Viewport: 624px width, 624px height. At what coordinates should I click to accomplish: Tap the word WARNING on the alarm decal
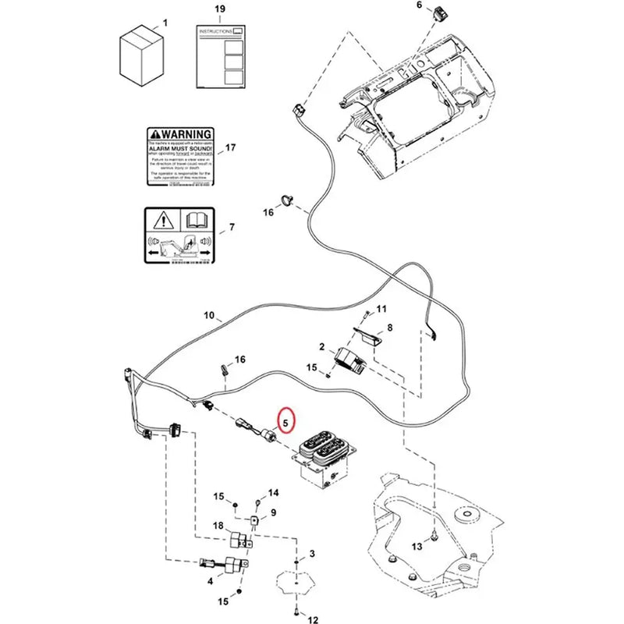[186, 134]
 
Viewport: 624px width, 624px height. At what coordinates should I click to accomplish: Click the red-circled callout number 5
[285, 424]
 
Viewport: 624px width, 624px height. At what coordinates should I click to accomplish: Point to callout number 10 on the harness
[209, 316]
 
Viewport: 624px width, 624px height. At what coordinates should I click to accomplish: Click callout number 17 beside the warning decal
[229, 147]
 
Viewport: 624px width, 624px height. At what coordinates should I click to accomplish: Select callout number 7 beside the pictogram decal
[231, 228]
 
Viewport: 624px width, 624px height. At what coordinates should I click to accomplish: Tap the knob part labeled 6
[445, 12]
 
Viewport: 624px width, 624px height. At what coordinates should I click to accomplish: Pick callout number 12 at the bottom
[314, 621]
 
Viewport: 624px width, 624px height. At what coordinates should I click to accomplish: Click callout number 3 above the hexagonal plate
[311, 554]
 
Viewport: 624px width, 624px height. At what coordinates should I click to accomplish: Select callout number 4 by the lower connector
[210, 581]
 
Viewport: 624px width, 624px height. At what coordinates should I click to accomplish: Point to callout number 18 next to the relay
[219, 527]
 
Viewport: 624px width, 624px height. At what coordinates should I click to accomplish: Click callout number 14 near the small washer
[273, 493]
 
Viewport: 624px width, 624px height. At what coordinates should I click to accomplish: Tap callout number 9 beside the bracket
[273, 512]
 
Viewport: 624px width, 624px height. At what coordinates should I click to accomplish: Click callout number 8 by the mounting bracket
[389, 328]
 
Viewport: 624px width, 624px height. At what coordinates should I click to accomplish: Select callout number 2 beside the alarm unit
[321, 346]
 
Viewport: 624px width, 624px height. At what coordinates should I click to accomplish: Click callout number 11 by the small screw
[381, 310]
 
